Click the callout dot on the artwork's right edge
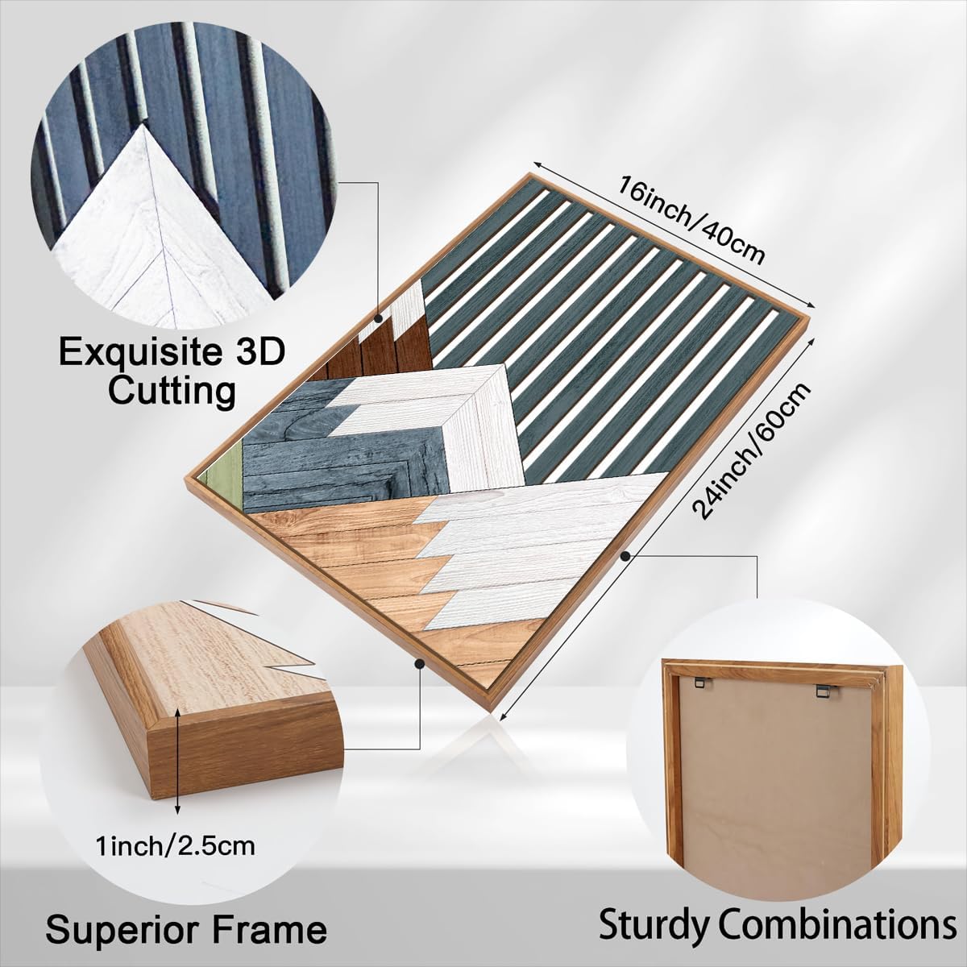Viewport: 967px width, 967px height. point(625,556)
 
